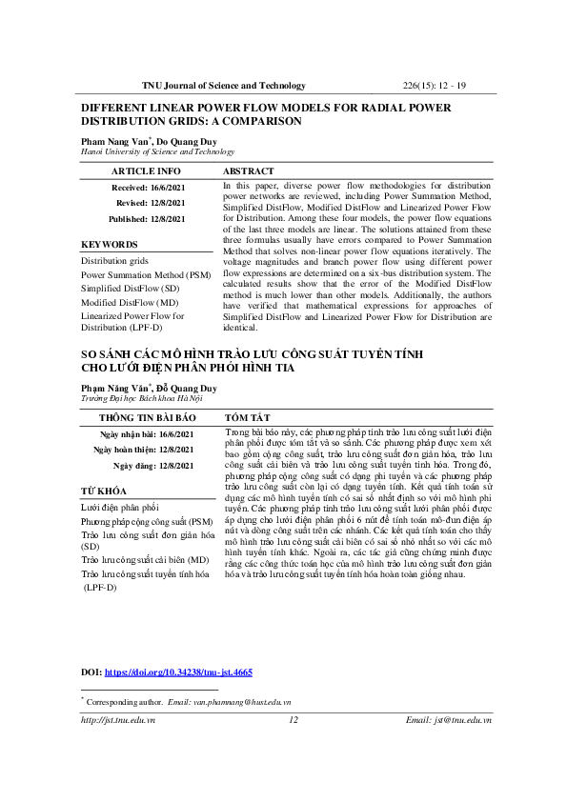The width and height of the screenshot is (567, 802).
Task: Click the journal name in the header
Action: [x=224, y=86]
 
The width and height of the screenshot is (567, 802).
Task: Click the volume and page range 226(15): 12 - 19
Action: [x=434, y=86]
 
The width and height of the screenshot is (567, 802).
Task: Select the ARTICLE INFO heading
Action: [x=147, y=171]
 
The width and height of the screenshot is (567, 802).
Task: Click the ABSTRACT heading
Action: [x=248, y=171]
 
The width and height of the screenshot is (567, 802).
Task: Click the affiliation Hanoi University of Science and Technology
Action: [x=157, y=151]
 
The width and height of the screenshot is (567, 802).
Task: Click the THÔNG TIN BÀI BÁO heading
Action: [x=148, y=418]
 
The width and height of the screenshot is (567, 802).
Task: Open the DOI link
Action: [x=178, y=672]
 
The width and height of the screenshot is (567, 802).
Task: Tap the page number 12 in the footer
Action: [x=294, y=721]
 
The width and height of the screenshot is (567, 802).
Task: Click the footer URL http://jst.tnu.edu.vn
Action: [x=118, y=721]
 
